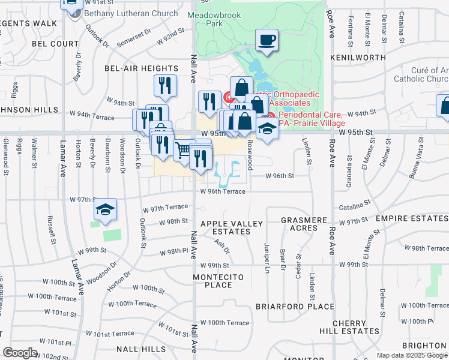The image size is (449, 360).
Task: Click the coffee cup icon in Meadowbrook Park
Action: click(x=267, y=40)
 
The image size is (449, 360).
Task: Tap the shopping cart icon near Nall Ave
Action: click(x=184, y=149)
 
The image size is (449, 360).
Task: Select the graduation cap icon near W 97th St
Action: click(x=106, y=209)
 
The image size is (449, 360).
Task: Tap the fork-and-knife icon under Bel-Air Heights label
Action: click(x=164, y=85)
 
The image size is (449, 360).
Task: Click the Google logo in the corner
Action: click(x=20, y=353)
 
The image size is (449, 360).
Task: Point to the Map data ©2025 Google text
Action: click(x=411, y=355)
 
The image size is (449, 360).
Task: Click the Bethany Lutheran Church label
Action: click(x=131, y=13)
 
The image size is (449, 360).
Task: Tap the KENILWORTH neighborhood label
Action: click(x=358, y=58)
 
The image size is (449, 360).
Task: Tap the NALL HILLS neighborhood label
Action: click(x=141, y=349)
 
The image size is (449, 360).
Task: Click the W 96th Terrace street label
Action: click(x=223, y=191)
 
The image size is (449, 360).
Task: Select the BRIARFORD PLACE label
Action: click(x=295, y=307)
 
